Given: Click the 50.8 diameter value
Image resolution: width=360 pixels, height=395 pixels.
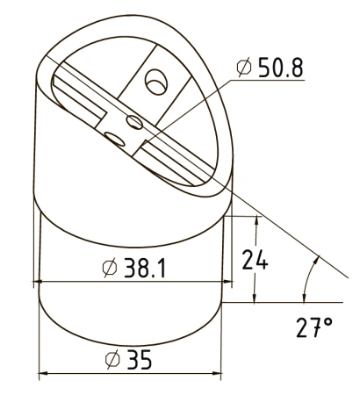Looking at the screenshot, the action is click(281, 68).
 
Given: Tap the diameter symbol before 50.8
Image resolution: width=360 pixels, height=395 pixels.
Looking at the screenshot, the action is click(244, 68).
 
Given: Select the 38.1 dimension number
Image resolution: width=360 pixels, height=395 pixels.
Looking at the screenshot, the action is click(145, 268).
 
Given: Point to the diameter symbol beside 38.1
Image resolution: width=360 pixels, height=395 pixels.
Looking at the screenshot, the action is click(110, 268).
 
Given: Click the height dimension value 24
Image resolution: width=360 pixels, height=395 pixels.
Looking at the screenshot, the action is click(255, 259).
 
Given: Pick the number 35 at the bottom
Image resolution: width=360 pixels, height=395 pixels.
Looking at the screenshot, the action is click(140, 359).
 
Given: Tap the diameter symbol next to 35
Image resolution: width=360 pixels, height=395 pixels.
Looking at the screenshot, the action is click(112, 359).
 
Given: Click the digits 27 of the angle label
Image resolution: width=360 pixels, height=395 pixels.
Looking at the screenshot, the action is click(307, 327).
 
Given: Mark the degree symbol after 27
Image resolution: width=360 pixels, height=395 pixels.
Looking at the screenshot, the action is click(328, 322).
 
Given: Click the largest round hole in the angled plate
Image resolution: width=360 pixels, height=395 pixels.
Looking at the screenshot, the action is click(156, 82).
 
